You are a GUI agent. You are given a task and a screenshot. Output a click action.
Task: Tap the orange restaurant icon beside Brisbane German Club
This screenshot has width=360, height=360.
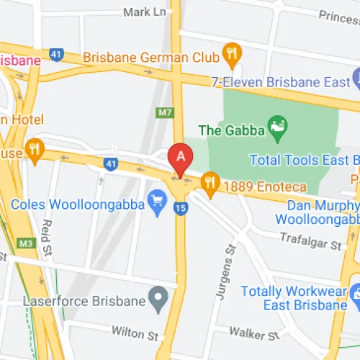(231, 53)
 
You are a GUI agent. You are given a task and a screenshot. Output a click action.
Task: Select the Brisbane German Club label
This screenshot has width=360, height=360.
(151, 56)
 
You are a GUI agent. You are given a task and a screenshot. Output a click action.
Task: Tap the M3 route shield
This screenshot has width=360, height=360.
(27, 244)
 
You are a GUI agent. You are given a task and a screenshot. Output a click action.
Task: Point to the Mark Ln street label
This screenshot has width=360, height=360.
(146, 12)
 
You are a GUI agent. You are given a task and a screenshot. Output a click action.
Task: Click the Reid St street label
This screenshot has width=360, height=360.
(47, 233)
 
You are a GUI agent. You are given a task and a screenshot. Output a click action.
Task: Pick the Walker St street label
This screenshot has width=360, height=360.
(253, 334)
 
